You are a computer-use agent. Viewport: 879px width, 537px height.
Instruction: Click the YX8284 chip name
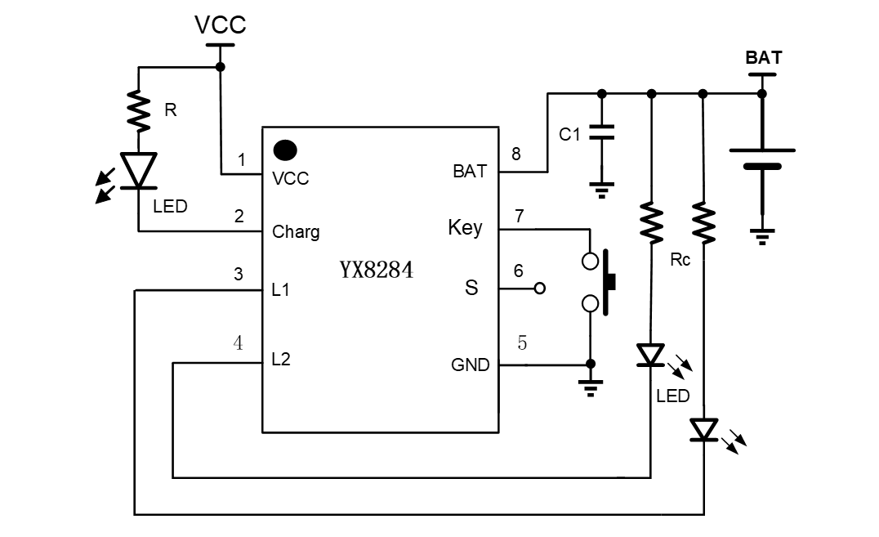pyautogui.click(x=377, y=271)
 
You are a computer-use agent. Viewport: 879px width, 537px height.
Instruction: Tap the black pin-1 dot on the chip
pyautogui.click(x=284, y=150)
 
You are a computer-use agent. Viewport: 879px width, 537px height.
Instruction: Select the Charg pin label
pyautogui.click(x=296, y=231)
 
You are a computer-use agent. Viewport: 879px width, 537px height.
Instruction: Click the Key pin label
pyautogui.click(x=465, y=227)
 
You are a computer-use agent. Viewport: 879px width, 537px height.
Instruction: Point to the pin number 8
pyautogui.click(x=515, y=153)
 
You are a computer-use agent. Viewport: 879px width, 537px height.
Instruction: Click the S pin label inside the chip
pyautogui.click(x=471, y=288)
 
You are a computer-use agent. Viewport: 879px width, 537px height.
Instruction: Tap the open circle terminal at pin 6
pyautogui.click(x=538, y=289)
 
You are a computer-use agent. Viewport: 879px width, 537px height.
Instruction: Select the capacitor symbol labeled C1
pyautogui.click(x=601, y=132)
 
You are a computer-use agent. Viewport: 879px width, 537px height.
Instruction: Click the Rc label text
pyautogui.click(x=680, y=261)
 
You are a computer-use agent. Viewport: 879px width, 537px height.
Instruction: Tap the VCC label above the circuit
pyautogui.click(x=220, y=25)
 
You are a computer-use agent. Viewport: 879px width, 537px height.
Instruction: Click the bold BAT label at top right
pyautogui.click(x=763, y=58)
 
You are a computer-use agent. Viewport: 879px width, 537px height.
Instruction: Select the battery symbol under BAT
pyautogui.click(x=762, y=159)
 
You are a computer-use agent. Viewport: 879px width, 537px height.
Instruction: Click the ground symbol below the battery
pyautogui.click(x=762, y=238)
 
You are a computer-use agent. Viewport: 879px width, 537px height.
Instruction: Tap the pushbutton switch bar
pyautogui.click(x=609, y=283)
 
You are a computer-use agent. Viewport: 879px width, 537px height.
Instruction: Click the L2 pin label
pyautogui.click(x=281, y=359)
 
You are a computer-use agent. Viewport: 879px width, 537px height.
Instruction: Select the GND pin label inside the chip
pyautogui.click(x=470, y=365)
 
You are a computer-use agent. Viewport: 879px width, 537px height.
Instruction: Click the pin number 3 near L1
pyautogui.click(x=238, y=275)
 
